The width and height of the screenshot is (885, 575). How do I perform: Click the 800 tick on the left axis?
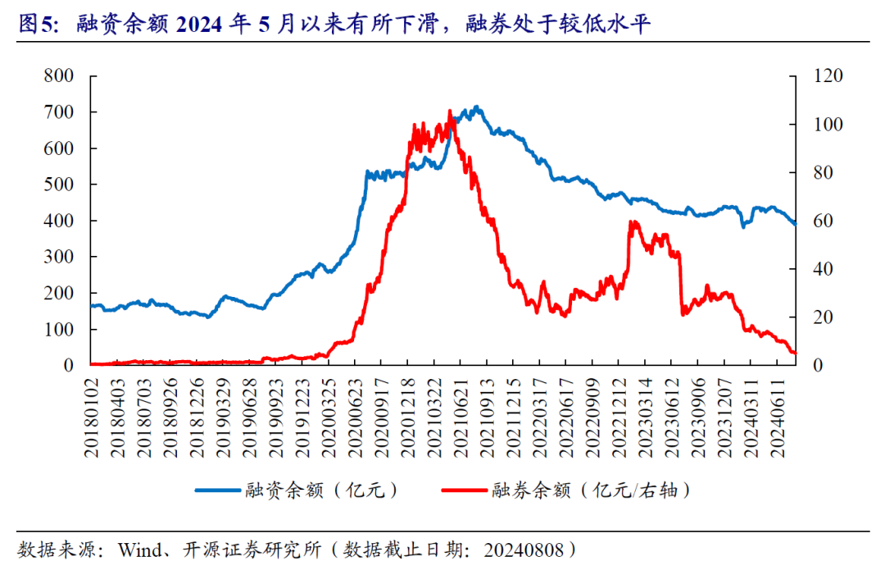[x=59, y=75]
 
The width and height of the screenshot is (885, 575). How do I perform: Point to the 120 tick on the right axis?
[x=827, y=75]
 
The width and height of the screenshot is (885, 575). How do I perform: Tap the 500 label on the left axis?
[x=59, y=185]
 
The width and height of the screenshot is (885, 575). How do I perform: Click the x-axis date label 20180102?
[x=91, y=412]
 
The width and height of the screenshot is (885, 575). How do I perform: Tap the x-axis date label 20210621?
[x=460, y=412]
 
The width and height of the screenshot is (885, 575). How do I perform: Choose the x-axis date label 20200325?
[x=329, y=412]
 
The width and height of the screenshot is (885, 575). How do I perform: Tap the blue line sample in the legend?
[x=218, y=491]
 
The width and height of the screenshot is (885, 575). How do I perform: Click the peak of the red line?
[x=450, y=111]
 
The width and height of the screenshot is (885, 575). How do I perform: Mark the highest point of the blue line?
[x=476, y=107]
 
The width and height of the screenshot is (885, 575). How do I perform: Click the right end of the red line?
[x=794, y=353]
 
